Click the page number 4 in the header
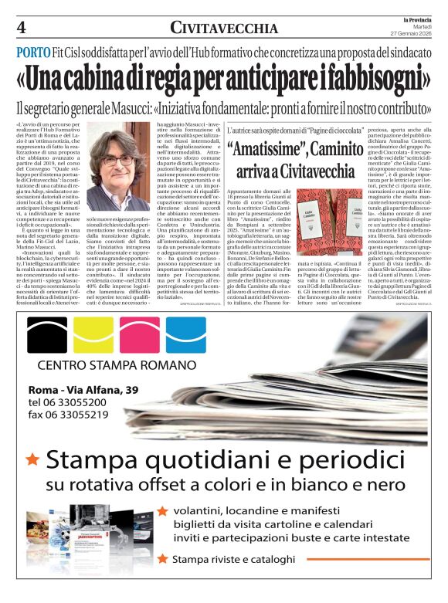20,28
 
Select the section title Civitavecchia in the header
224,29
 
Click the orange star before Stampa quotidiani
32,459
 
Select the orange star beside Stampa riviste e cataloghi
161,557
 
